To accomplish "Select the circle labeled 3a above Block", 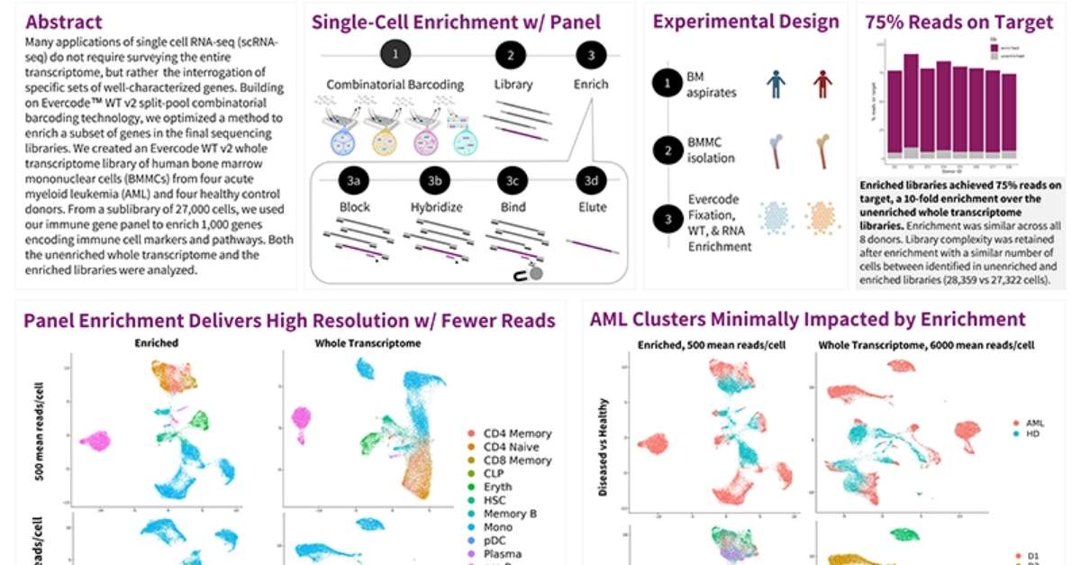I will (354, 180).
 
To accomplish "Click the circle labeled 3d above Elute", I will (591, 180).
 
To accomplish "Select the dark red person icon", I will (820, 84).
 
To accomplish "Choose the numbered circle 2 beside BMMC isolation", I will (667, 150).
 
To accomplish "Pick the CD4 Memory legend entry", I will (516, 433).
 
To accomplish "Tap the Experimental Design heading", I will (746, 23).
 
